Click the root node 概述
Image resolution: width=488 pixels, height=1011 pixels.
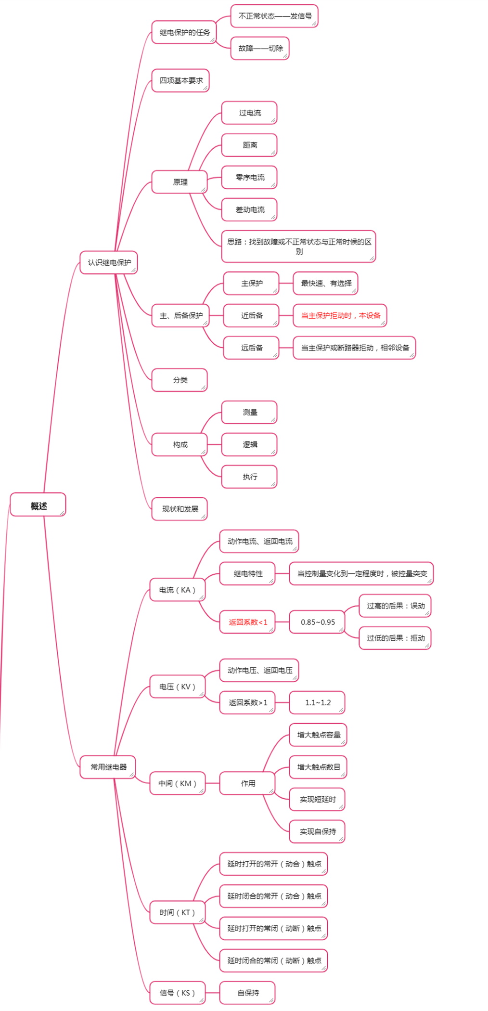pos(38,505)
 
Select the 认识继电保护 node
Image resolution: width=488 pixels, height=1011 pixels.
pos(109,262)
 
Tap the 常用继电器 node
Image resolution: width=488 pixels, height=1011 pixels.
pos(108,767)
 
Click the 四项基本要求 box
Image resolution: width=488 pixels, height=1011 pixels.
pos(180,80)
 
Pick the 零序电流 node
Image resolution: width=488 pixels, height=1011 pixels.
pos(249,177)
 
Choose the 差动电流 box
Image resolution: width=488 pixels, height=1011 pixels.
pos(249,209)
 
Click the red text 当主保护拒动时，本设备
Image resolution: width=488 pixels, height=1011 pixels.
pos(340,315)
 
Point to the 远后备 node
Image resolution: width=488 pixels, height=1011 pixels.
pos(251,348)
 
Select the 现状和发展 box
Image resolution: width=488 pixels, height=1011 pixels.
pos(180,509)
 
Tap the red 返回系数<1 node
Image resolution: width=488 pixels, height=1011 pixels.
pos(247,622)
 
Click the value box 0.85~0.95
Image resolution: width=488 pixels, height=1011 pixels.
pos(318,622)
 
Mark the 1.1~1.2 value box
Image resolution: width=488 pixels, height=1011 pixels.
pos(318,702)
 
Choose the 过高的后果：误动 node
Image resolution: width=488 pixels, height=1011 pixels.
pos(395,606)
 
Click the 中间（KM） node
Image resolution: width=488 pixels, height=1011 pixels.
pos(177,783)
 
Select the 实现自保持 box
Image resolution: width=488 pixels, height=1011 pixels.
pos(318,831)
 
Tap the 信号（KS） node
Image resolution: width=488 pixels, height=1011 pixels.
pos(177,993)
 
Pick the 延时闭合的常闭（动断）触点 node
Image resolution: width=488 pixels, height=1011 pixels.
pos(274,960)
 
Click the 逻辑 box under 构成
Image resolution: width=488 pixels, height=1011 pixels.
pos(249,444)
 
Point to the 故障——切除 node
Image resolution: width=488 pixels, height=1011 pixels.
pos(260,48)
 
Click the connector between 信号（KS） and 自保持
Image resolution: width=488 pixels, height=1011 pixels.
pos(213,993)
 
